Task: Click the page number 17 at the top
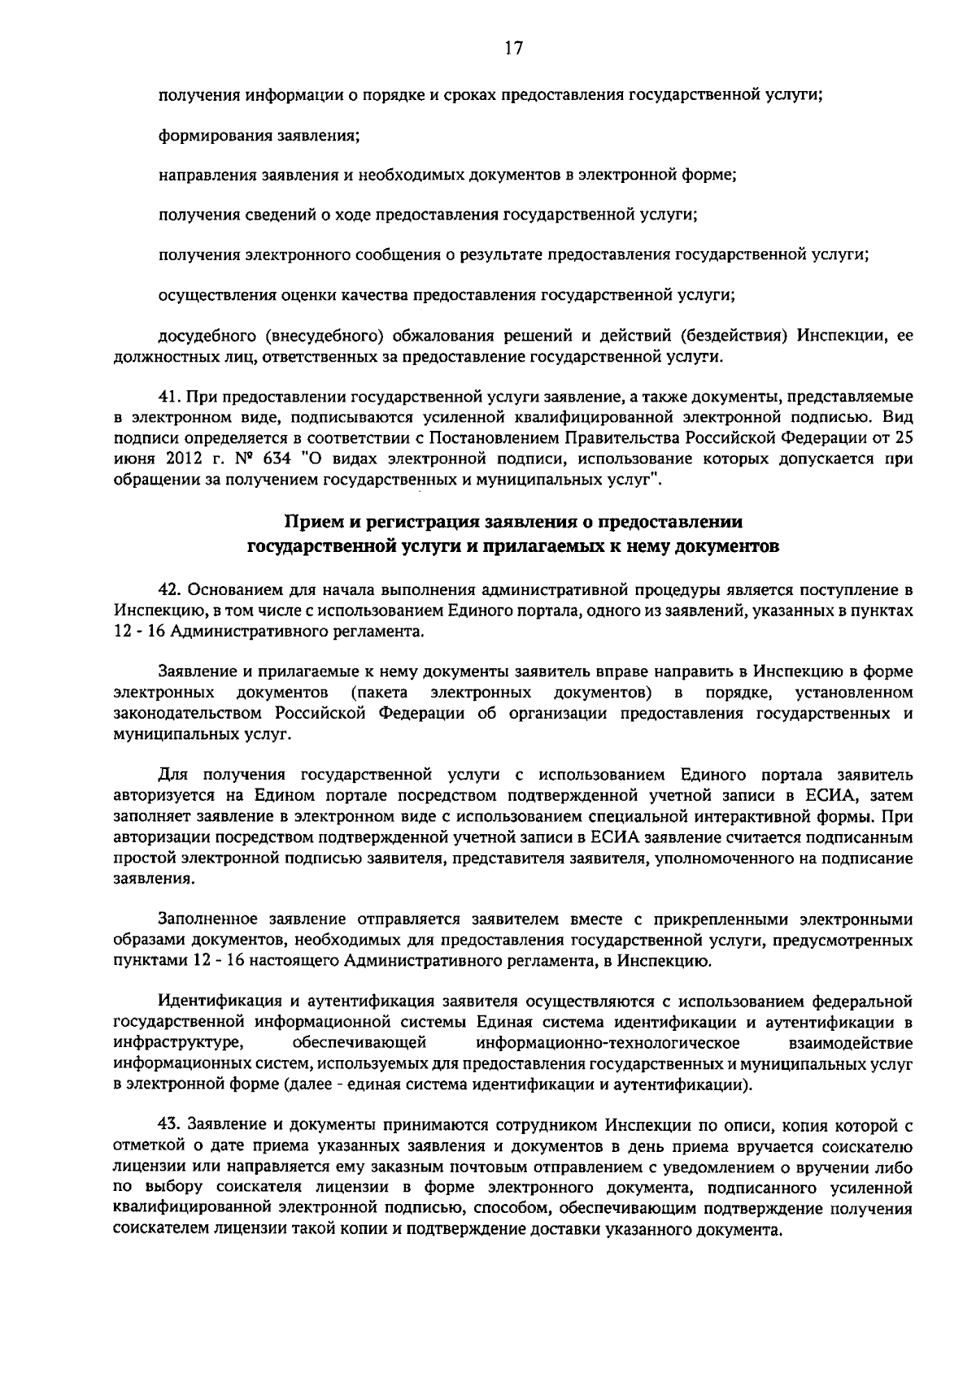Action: [x=512, y=48]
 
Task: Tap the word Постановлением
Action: [x=493, y=439]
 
